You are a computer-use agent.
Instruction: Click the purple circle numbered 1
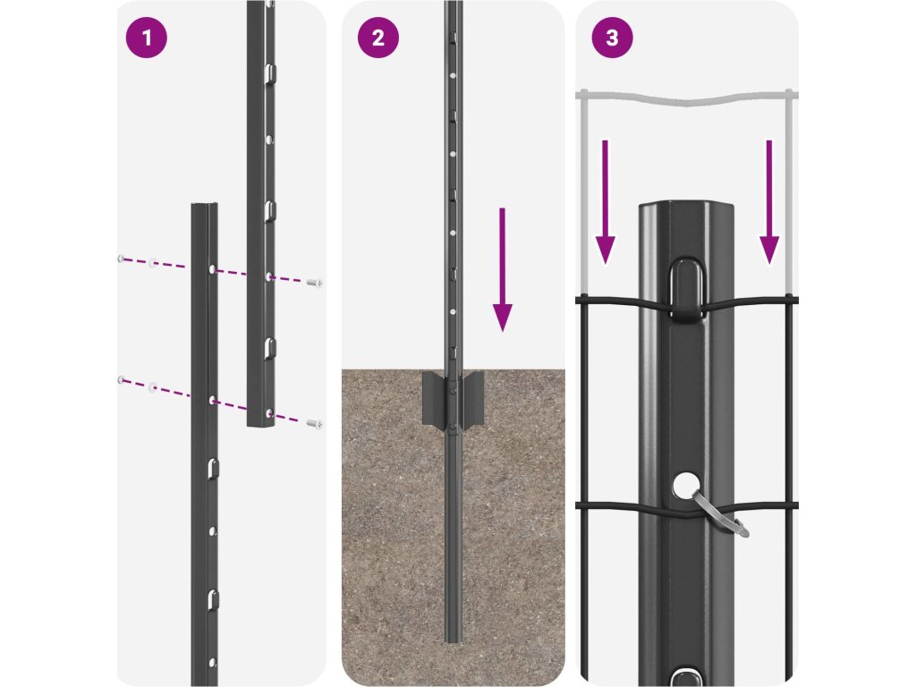[x=147, y=38]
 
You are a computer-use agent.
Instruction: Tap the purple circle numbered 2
[x=377, y=38]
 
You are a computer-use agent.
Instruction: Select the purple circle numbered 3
[x=612, y=38]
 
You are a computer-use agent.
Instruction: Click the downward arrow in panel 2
[x=503, y=268]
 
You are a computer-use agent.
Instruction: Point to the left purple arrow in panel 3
[x=606, y=201]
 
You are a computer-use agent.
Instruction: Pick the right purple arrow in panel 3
[x=768, y=201]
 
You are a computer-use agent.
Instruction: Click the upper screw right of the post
[x=314, y=283]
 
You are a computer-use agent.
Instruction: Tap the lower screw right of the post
[x=313, y=422]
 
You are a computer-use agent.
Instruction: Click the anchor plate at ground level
[x=453, y=399]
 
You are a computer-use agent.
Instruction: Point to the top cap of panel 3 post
[x=686, y=211]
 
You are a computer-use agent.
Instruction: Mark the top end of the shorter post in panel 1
[x=204, y=208]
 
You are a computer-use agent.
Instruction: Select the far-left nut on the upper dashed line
[x=120, y=259]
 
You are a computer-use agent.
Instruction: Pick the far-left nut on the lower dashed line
[x=120, y=380]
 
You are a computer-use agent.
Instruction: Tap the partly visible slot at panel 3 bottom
[x=686, y=676]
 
